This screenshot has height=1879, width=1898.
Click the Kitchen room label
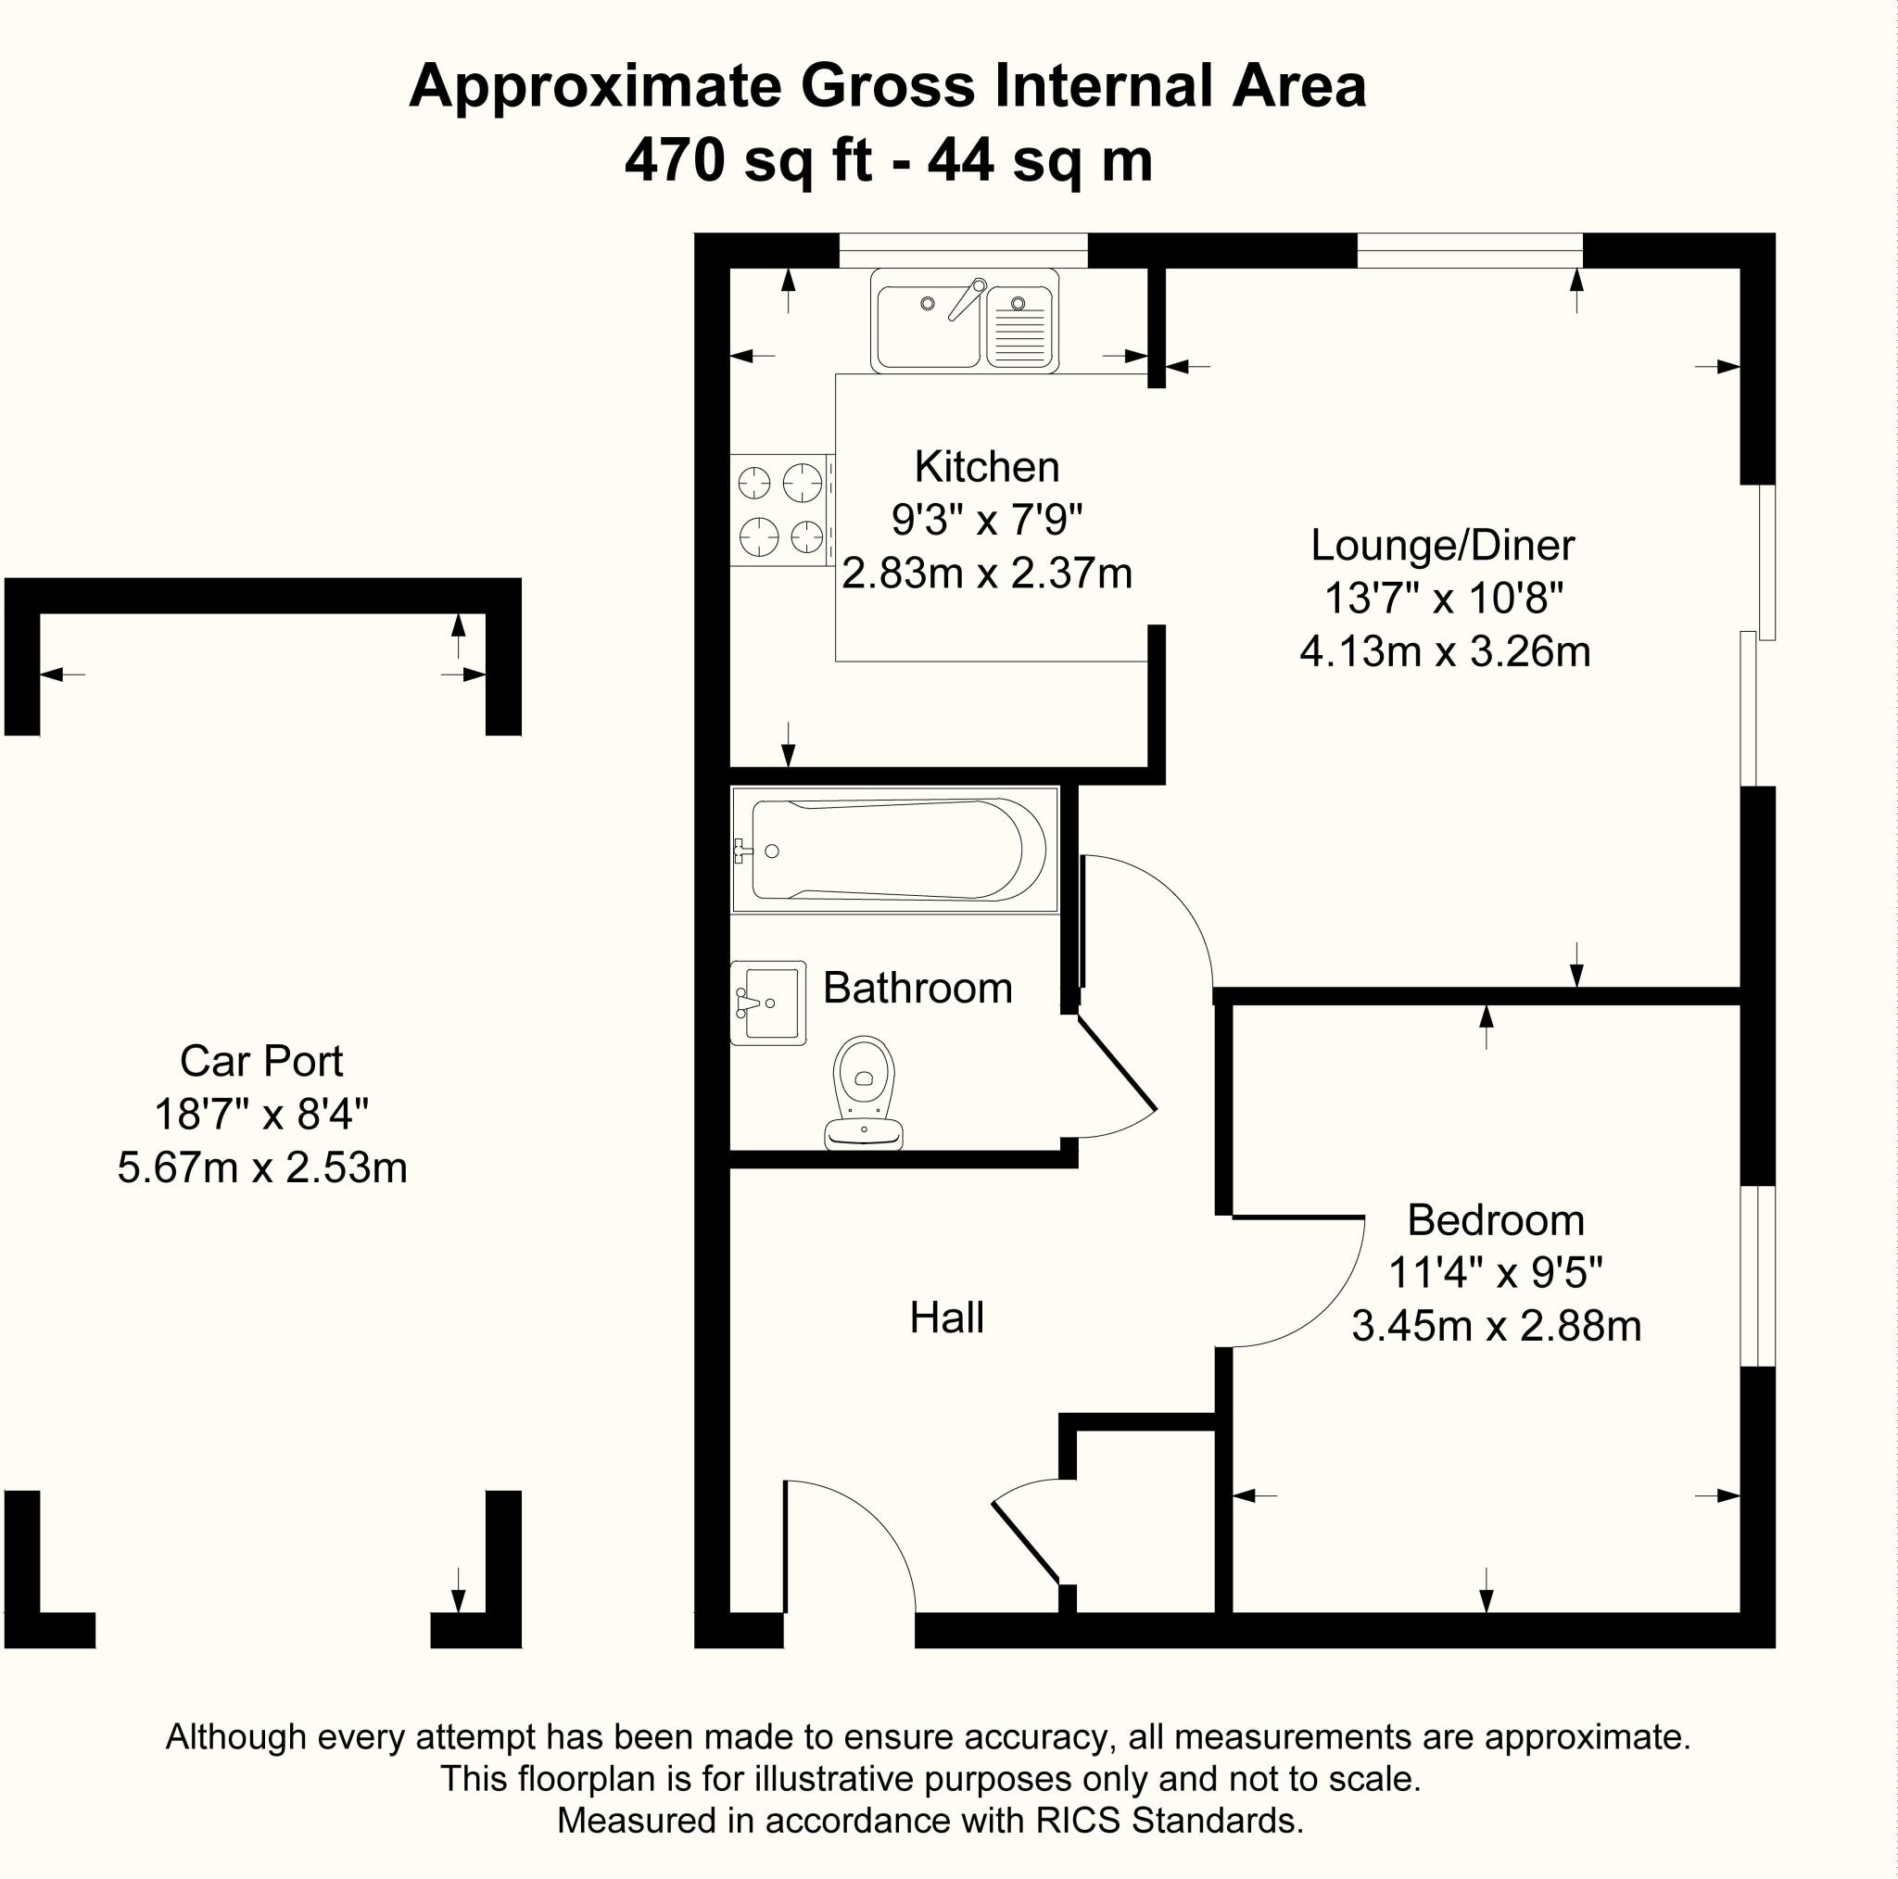[986, 468]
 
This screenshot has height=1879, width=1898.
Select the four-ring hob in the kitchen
[782, 510]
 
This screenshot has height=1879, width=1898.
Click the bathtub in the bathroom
[894, 850]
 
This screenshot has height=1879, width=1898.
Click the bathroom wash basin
[768, 1003]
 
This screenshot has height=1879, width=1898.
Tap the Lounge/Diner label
[1442, 546]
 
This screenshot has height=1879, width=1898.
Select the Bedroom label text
[1495, 1221]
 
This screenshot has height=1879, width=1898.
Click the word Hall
[946, 1318]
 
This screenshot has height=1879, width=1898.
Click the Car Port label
[261, 1062]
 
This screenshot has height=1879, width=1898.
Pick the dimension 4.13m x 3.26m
[1444, 652]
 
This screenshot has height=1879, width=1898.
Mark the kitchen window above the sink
[963, 250]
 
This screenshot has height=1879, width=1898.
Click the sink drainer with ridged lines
[1019, 326]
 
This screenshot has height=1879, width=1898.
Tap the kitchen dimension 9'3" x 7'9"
[986, 520]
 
